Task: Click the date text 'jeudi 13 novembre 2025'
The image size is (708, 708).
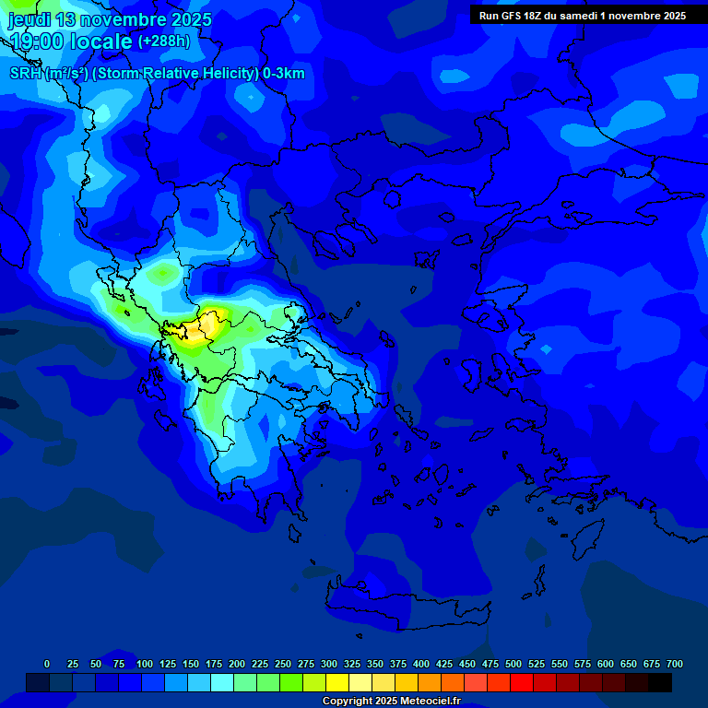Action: click(x=111, y=19)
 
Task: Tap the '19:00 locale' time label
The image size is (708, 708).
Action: click(x=72, y=41)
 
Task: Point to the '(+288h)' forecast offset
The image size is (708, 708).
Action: click(x=164, y=41)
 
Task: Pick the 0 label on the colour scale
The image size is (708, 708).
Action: click(x=47, y=664)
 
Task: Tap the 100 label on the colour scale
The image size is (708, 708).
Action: click(x=145, y=664)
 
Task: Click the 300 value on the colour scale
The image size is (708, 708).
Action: click(x=329, y=664)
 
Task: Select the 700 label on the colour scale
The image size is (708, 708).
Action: click(x=674, y=664)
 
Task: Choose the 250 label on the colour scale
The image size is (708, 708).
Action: click(x=283, y=664)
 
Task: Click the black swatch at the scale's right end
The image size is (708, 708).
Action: click(x=660, y=682)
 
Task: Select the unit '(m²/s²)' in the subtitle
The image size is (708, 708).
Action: click(x=68, y=74)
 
